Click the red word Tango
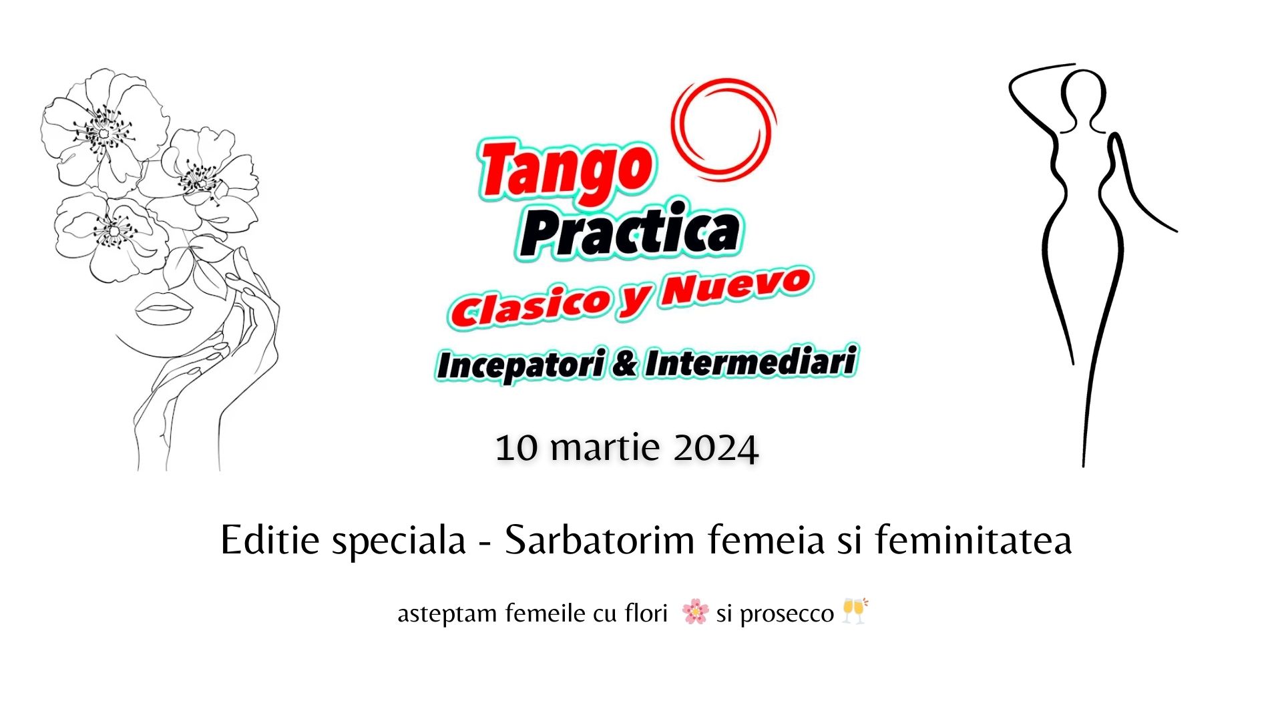pyautogui.click(x=566, y=170)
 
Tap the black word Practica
pyautogui.click(x=630, y=230)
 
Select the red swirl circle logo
pyautogui.click(x=724, y=129)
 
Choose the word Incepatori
pyautogui.click(x=521, y=365)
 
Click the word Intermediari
pyautogui.click(x=751, y=362)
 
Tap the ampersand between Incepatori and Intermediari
pyautogui.click(x=625, y=365)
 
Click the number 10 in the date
pyautogui.click(x=516, y=448)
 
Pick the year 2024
pyautogui.click(x=715, y=448)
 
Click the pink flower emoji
pyautogui.click(x=695, y=612)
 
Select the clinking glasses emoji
pyautogui.click(x=855, y=610)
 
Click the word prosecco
pyautogui.click(x=787, y=614)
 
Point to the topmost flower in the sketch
pyautogui.click(x=105, y=130)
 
